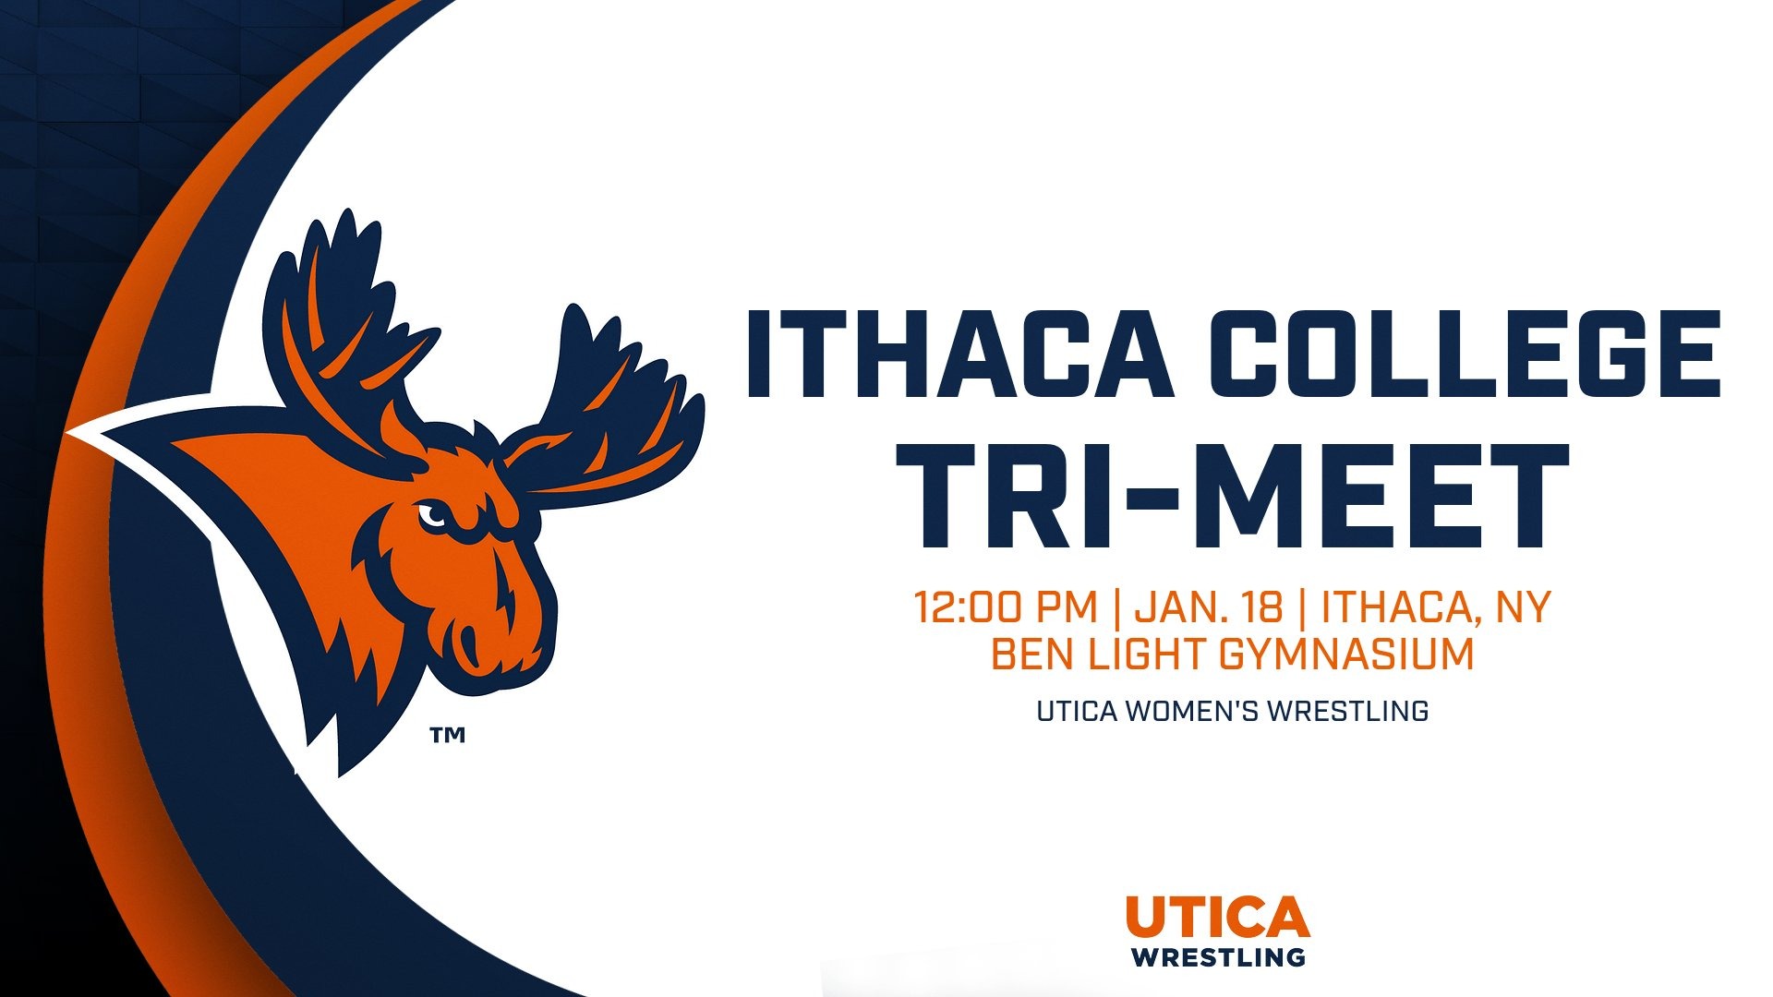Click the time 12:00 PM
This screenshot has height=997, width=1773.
coord(1005,607)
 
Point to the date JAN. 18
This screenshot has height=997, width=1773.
coord(1209,607)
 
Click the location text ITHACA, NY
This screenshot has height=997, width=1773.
coord(1436,607)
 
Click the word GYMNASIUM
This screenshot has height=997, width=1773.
coord(1346,655)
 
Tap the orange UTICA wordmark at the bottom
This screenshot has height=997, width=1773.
coord(1217,917)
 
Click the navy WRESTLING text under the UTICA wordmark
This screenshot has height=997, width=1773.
coord(1219,956)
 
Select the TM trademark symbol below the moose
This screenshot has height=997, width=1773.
coord(447,735)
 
